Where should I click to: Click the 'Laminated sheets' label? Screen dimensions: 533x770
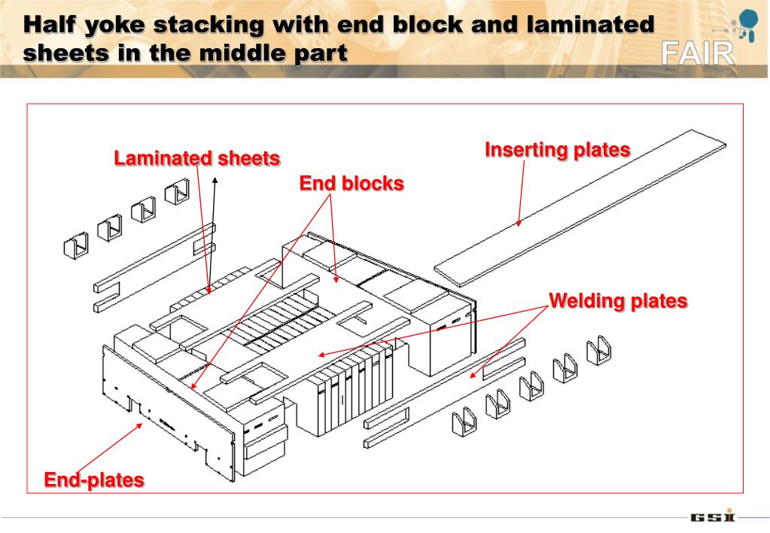197,159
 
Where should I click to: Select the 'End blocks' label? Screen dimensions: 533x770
352,184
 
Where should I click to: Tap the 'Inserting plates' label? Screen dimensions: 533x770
557,150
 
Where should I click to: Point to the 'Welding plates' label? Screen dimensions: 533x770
618,301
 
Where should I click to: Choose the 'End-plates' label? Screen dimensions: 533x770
94,480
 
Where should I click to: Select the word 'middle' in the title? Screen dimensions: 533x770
246,53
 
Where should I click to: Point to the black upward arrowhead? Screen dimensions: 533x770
215,181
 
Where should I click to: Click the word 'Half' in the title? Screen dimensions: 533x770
49,26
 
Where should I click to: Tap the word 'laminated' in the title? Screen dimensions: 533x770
592,25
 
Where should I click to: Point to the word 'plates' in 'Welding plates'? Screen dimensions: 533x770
659,301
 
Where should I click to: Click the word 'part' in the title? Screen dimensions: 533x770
321,54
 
